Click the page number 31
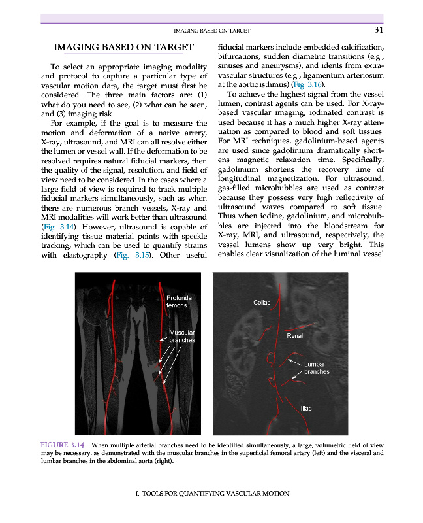(378, 29)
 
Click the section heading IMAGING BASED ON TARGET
(124, 47)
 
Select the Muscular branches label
(181, 336)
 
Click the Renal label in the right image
(295, 335)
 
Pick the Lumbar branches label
(317, 367)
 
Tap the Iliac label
(305, 408)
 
